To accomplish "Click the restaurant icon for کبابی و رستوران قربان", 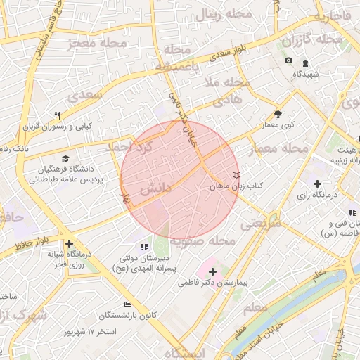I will point(58,115).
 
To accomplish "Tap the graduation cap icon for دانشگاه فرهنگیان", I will point(65,160).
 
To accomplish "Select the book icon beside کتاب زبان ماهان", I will point(236,175).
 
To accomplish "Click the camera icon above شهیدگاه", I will point(288,61).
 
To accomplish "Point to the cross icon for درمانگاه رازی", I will point(318,184).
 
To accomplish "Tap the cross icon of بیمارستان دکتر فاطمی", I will point(212,271).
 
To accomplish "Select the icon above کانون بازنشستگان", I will point(127,304).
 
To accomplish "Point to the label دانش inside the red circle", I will point(154,190).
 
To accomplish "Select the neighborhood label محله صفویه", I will point(207,241).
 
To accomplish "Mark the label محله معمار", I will point(280,148).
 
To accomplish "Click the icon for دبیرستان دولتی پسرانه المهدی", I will point(144,247).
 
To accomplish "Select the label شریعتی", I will point(260,224).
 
